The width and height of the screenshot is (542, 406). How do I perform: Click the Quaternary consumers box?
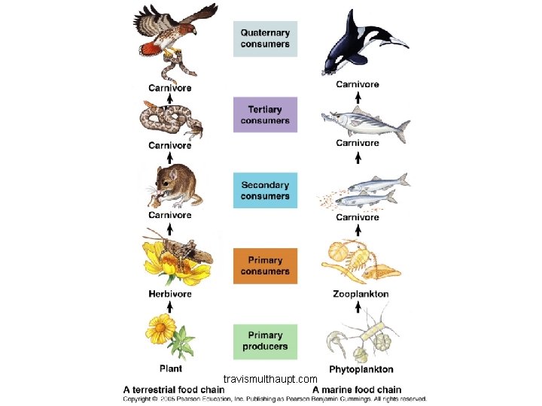tap(265, 38)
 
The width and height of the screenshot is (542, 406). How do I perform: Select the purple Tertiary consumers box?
tap(265, 115)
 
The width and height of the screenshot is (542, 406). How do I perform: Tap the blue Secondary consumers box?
tap(265, 190)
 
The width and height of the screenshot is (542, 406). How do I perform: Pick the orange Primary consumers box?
tap(265, 265)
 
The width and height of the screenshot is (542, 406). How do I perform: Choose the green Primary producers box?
tap(265, 341)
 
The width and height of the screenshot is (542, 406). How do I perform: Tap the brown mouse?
tap(176, 186)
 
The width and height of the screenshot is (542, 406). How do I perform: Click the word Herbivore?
tap(169, 294)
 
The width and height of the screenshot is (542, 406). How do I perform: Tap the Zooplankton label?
tap(361, 294)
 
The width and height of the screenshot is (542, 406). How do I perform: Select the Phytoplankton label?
tap(361, 370)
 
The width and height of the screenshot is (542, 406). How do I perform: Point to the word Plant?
tap(170, 369)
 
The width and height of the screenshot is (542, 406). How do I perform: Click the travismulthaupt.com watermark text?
tap(271, 378)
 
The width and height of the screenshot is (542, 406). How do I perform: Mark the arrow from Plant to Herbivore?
tap(170, 306)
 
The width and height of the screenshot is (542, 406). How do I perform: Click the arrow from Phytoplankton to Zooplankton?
tap(358, 308)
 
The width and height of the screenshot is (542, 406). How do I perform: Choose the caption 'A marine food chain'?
tap(357, 389)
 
